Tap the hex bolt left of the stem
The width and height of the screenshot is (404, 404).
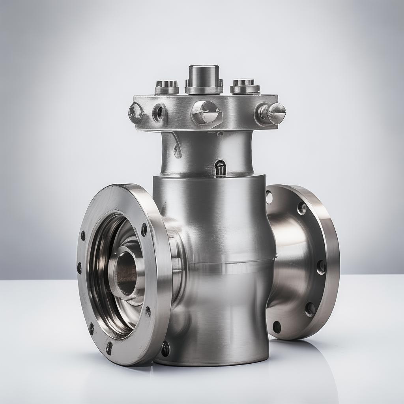[x=166, y=86]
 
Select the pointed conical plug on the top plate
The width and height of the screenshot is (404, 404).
[x=272, y=113]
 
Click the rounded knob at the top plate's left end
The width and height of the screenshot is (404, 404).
[x=135, y=113]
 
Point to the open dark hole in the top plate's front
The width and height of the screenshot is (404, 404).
[x=159, y=112]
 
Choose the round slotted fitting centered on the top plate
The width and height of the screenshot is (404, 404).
[x=206, y=112]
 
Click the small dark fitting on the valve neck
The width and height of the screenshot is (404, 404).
[x=220, y=168]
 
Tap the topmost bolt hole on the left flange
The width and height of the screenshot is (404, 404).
[x=144, y=230]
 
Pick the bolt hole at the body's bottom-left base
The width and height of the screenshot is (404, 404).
[x=165, y=349]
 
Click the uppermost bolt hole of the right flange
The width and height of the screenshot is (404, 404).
[x=269, y=196]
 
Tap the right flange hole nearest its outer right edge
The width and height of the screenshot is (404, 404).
[x=321, y=267]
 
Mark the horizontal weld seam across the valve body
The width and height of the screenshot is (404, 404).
[x=233, y=262]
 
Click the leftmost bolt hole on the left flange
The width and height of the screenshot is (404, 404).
[x=79, y=268]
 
